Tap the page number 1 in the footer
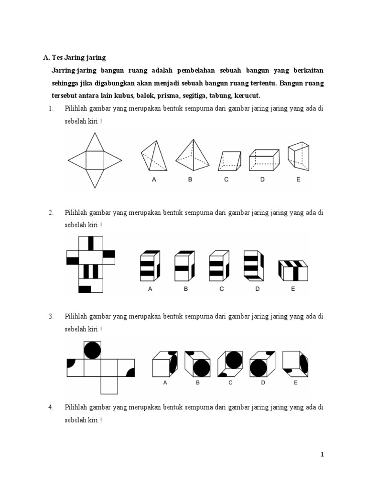322,455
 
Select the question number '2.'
51,212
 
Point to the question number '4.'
51,407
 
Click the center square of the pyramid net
95,158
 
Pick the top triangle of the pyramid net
95,140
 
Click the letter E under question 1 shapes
298,180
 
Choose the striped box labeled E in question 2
293,270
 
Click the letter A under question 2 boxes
150,289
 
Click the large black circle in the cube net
92,351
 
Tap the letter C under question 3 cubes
230,383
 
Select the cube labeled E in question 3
295,364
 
